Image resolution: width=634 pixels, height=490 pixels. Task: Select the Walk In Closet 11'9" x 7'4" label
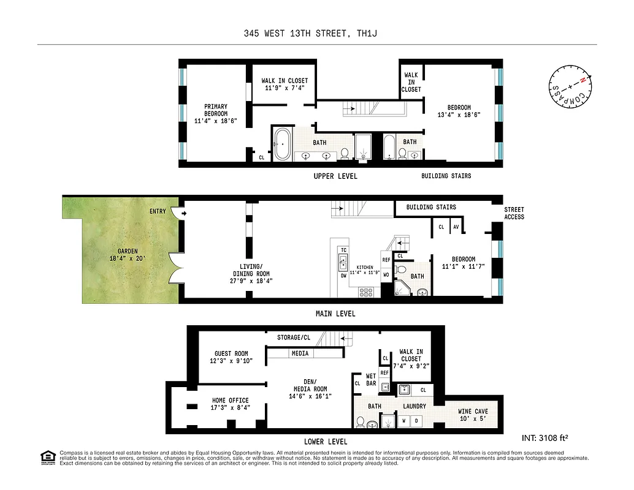pos(285,85)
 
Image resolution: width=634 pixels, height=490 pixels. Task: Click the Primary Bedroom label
pos(215,114)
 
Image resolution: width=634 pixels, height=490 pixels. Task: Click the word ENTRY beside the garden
pos(158,211)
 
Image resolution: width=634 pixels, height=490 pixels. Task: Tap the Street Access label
pos(514,213)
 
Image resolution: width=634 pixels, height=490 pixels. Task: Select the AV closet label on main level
pos(456,227)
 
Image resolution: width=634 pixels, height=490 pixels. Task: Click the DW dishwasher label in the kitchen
pos(343,276)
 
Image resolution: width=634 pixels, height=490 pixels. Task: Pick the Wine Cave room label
pos(472,415)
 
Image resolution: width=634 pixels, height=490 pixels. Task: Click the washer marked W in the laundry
pos(404,421)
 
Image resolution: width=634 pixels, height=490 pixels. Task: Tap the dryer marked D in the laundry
pos(417,421)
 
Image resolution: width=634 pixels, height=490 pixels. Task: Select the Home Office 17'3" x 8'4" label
pos(230,404)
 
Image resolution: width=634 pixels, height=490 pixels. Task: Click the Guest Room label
pos(231,357)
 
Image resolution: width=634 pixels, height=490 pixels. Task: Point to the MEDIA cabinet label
pos(300,353)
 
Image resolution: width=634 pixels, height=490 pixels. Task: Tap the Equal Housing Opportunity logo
pos(47,457)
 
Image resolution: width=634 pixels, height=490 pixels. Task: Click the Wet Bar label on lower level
pos(371,380)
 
